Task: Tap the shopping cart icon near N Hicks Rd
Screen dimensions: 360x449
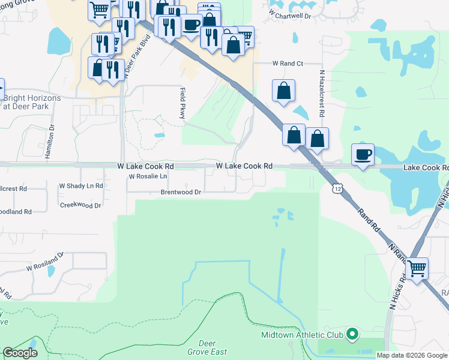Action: pyautogui.click(x=417, y=268)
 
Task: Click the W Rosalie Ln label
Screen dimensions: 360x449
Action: pyautogui.click(x=148, y=176)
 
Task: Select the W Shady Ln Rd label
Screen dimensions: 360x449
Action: pyautogui.click(x=81, y=186)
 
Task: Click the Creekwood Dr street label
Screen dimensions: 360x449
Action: pyautogui.click(x=81, y=205)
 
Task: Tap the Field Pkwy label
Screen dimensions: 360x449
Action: pyautogui.click(x=182, y=103)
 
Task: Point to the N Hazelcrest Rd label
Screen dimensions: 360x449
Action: pyautogui.click(x=322, y=91)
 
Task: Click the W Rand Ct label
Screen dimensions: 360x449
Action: pyautogui.click(x=288, y=63)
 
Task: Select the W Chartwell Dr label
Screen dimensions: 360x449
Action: pyautogui.click(x=291, y=14)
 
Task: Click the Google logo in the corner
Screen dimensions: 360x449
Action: pyautogui.click(x=20, y=353)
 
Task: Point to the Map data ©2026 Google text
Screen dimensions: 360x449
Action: pyautogui.click(x=412, y=355)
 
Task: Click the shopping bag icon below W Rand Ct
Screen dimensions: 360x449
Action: pyautogui.click(x=283, y=91)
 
